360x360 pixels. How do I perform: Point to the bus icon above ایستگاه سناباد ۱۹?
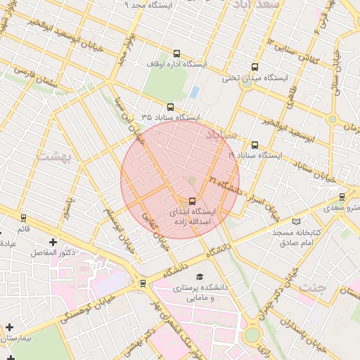[254, 144]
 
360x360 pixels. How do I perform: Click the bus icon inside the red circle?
[193, 200]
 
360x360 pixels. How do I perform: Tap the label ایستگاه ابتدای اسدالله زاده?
[193, 216]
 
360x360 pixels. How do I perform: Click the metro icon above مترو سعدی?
[342, 196]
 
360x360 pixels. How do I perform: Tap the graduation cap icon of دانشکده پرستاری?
[200, 276]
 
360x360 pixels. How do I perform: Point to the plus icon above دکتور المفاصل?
[53, 242]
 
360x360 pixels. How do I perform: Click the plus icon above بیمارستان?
[9, 328]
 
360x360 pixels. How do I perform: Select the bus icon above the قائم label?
[24, 218]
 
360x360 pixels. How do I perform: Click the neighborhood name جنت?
[313, 288]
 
